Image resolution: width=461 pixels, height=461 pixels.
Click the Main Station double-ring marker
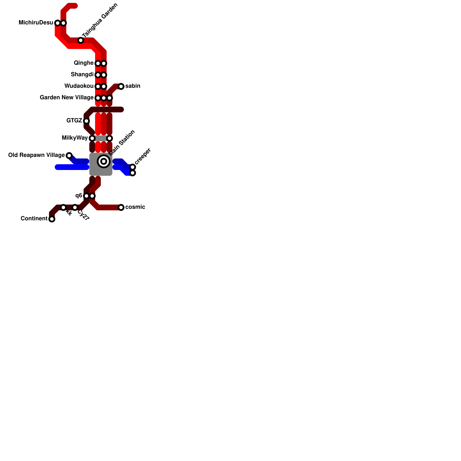click(x=104, y=161)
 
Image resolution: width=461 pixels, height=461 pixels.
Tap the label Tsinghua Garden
click(x=100, y=20)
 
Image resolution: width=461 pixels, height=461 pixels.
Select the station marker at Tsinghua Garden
click(x=81, y=40)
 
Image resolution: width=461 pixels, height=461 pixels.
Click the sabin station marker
click(x=121, y=86)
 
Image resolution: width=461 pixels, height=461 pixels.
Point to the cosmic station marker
click(x=121, y=207)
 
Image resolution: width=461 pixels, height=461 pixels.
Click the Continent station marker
click(x=52, y=219)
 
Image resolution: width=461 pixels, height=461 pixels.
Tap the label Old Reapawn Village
click(x=36, y=155)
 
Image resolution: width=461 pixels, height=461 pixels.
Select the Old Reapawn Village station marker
click(x=69, y=156)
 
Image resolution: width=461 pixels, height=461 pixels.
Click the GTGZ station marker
click(x=86, y=121)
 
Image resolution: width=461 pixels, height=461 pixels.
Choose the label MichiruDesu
click(x=36, y=23)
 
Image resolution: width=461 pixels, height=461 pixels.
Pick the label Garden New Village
click(x=67, y=98)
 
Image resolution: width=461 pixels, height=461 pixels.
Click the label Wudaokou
click(x=79, y=86)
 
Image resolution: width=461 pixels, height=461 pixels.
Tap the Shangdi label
click(x=82, y=75)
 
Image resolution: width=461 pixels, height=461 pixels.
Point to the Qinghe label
click(x=84, y=63)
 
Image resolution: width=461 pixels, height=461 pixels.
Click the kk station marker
click(x=63, y=207)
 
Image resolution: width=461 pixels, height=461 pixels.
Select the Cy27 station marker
click(x=75, y=207)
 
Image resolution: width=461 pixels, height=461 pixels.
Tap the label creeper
click(x=143, y=156)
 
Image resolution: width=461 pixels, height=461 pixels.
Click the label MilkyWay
click(x=75, y=138)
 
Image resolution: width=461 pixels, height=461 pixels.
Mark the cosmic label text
click(x=135, y=207)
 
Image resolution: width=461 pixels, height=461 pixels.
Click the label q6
click(x=79, y=196)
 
